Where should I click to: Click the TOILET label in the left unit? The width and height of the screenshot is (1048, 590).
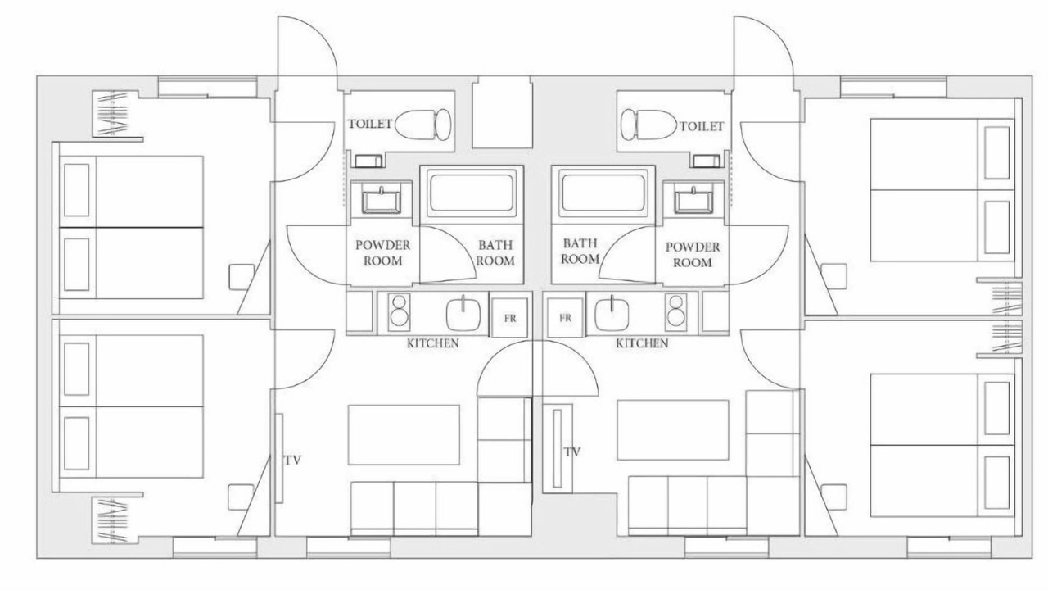point(369,124)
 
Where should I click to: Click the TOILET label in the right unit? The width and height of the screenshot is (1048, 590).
point(702,126)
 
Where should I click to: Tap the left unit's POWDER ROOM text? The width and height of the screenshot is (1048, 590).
point(382,253)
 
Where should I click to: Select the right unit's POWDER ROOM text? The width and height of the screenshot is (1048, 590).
point(693,255)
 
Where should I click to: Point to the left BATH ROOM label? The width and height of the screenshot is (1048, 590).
point(495,253)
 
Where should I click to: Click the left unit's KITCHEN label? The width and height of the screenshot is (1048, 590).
point(433,343)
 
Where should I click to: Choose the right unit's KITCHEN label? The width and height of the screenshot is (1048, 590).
point(642,343)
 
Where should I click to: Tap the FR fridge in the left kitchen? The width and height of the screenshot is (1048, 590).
point(509,318)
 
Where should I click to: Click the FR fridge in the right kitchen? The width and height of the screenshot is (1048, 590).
point(565,318)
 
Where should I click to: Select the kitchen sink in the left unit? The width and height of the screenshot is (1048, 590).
point(463,314)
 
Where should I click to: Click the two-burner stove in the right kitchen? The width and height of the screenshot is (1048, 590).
point(676,310)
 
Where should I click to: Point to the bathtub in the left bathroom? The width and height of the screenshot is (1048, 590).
point(472,193)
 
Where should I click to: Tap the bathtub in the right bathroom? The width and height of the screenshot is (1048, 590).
point(604,193)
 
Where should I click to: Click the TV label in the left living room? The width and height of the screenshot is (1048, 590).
point(292,461)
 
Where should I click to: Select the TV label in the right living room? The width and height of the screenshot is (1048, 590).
point(571,452)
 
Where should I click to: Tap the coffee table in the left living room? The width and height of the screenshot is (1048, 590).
point(404,435)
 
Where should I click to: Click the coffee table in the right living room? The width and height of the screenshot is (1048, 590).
point(673,430)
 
